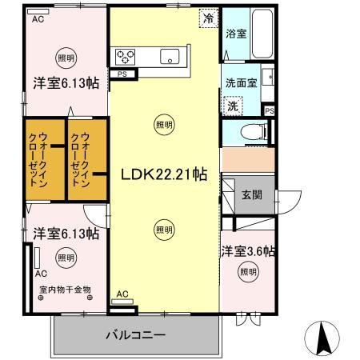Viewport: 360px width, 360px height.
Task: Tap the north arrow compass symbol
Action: pos(323,337)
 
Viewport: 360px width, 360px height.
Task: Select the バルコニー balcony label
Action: pos(135,335)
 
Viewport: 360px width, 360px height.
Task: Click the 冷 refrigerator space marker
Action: pos(208,16)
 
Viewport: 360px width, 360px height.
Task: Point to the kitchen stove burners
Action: pos(127,56)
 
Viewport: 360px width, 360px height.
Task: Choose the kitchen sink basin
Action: pos(170,56)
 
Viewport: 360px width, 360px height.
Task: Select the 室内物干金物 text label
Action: pos(65,290)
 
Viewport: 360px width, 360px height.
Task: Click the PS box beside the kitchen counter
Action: pos(122,74)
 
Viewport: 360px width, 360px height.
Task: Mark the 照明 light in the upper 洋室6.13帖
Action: pos(66,58)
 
